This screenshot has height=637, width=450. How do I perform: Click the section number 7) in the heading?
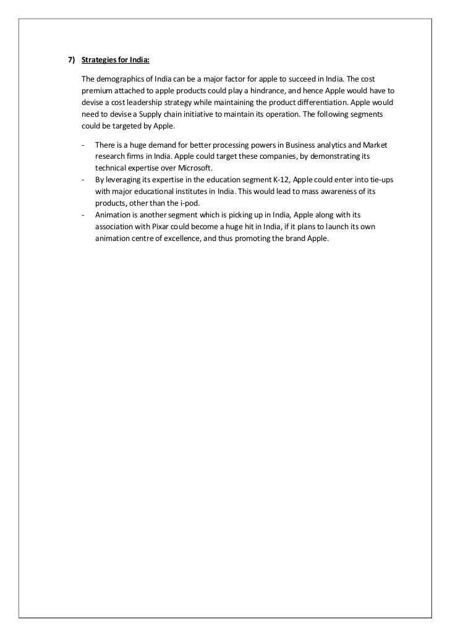(x=71, y=61)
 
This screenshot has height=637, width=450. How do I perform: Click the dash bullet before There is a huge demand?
(x=83, y=145)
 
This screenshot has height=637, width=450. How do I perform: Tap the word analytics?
(x=326, y=145)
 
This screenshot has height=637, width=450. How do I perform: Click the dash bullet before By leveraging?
(x=83, y=180)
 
